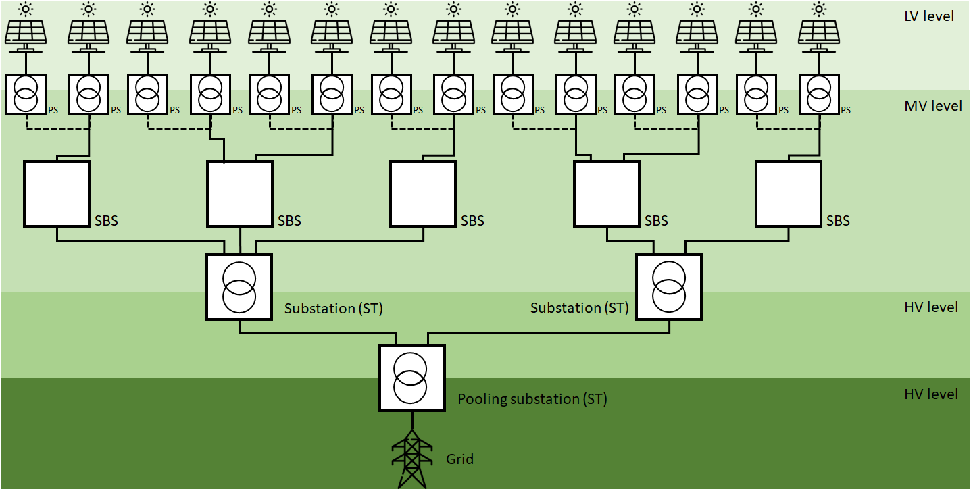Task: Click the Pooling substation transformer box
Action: [412, 378]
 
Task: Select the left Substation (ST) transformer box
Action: [239, 287]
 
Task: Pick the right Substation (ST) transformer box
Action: [669, 287]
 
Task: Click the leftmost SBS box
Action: [57, 193]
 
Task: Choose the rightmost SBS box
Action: [788, 193]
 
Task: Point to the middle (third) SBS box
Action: [423, 193]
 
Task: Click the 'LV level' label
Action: [928, 16]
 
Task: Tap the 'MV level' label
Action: [932, 106]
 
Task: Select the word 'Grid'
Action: [459, 459]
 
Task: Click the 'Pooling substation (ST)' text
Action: [532, 399]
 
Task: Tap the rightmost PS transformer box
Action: [819, 94]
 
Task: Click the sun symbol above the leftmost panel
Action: [26, 9]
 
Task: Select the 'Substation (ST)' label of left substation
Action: [333, 309]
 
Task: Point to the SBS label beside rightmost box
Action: [838, 221]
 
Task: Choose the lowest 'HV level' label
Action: [931, 394]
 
